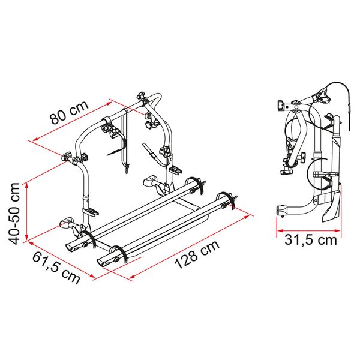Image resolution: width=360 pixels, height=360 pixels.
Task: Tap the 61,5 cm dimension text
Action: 54,269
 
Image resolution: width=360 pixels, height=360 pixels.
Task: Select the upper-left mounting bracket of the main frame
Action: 72,159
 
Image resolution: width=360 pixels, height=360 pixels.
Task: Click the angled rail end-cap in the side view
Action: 332,207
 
